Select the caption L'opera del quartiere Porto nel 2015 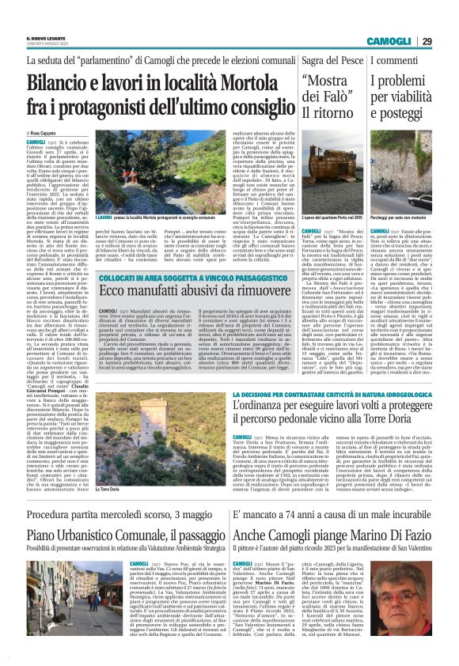tap(328, 216)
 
